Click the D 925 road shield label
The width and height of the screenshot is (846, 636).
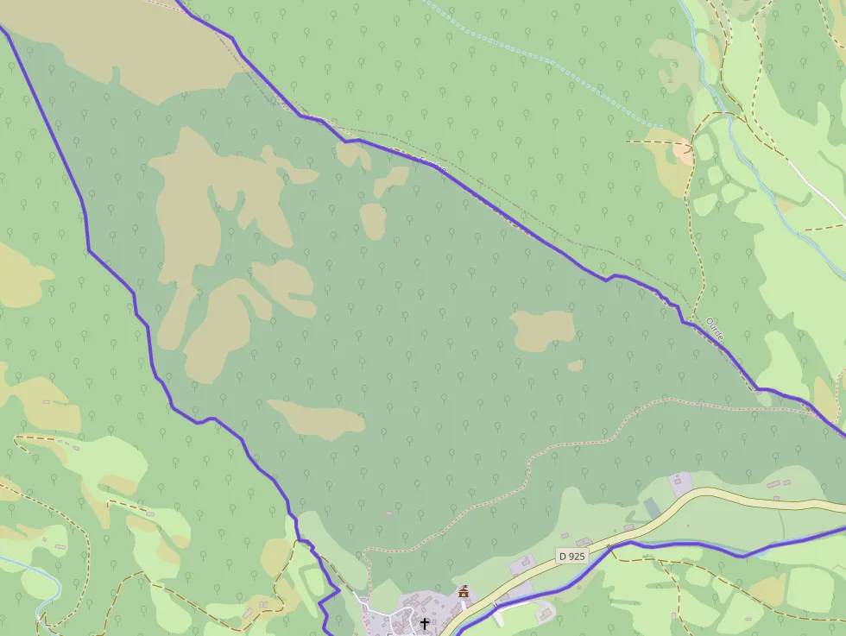571,557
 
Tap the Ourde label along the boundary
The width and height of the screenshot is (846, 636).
714,331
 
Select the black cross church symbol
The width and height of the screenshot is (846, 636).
425,623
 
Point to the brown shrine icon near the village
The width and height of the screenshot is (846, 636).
464,592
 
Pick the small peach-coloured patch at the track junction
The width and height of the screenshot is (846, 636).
683,152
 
